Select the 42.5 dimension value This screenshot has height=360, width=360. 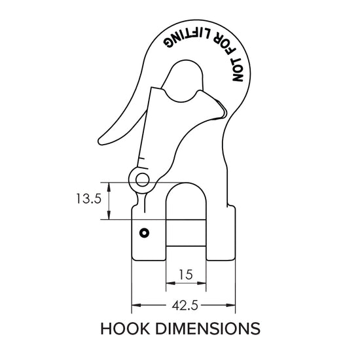coord(184,304)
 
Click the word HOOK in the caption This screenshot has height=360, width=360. coord(128,327)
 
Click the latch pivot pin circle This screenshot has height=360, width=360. coord(139,177)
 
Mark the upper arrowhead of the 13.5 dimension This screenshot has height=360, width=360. coord(109,185)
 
